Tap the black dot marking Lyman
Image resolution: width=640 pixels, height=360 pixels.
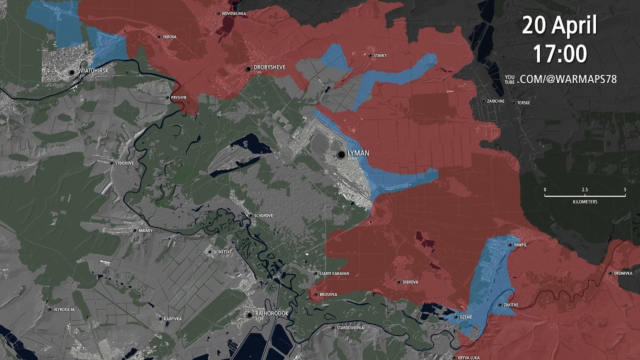tap(341, 155)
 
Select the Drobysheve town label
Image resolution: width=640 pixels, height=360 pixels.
tap(269, 67)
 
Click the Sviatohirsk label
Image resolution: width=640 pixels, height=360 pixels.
tap(93, 71)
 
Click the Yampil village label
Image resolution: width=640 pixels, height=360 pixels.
tap(520, 245)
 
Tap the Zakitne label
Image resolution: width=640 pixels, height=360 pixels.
tap(511, 305)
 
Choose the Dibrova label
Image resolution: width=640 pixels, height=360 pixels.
tap(410, 282)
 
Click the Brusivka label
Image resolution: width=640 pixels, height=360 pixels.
tap(328, 295)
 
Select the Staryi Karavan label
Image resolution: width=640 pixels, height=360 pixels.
tap(334, 273)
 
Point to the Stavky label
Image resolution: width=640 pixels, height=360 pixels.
tap(380, 55)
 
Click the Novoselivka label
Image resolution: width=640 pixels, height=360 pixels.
tap(234, 13)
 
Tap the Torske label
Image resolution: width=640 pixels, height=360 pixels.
tap(523, 103)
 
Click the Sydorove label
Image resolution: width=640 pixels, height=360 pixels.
tap(124, 163)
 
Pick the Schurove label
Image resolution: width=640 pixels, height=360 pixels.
tap(263, 215)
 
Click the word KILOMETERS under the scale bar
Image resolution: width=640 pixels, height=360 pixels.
tap(585, 202)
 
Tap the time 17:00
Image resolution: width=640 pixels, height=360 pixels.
tap(559, 53)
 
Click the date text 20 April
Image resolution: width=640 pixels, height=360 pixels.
tap(559, 25)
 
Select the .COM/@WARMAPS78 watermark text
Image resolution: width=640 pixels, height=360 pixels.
tap(567, 79)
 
